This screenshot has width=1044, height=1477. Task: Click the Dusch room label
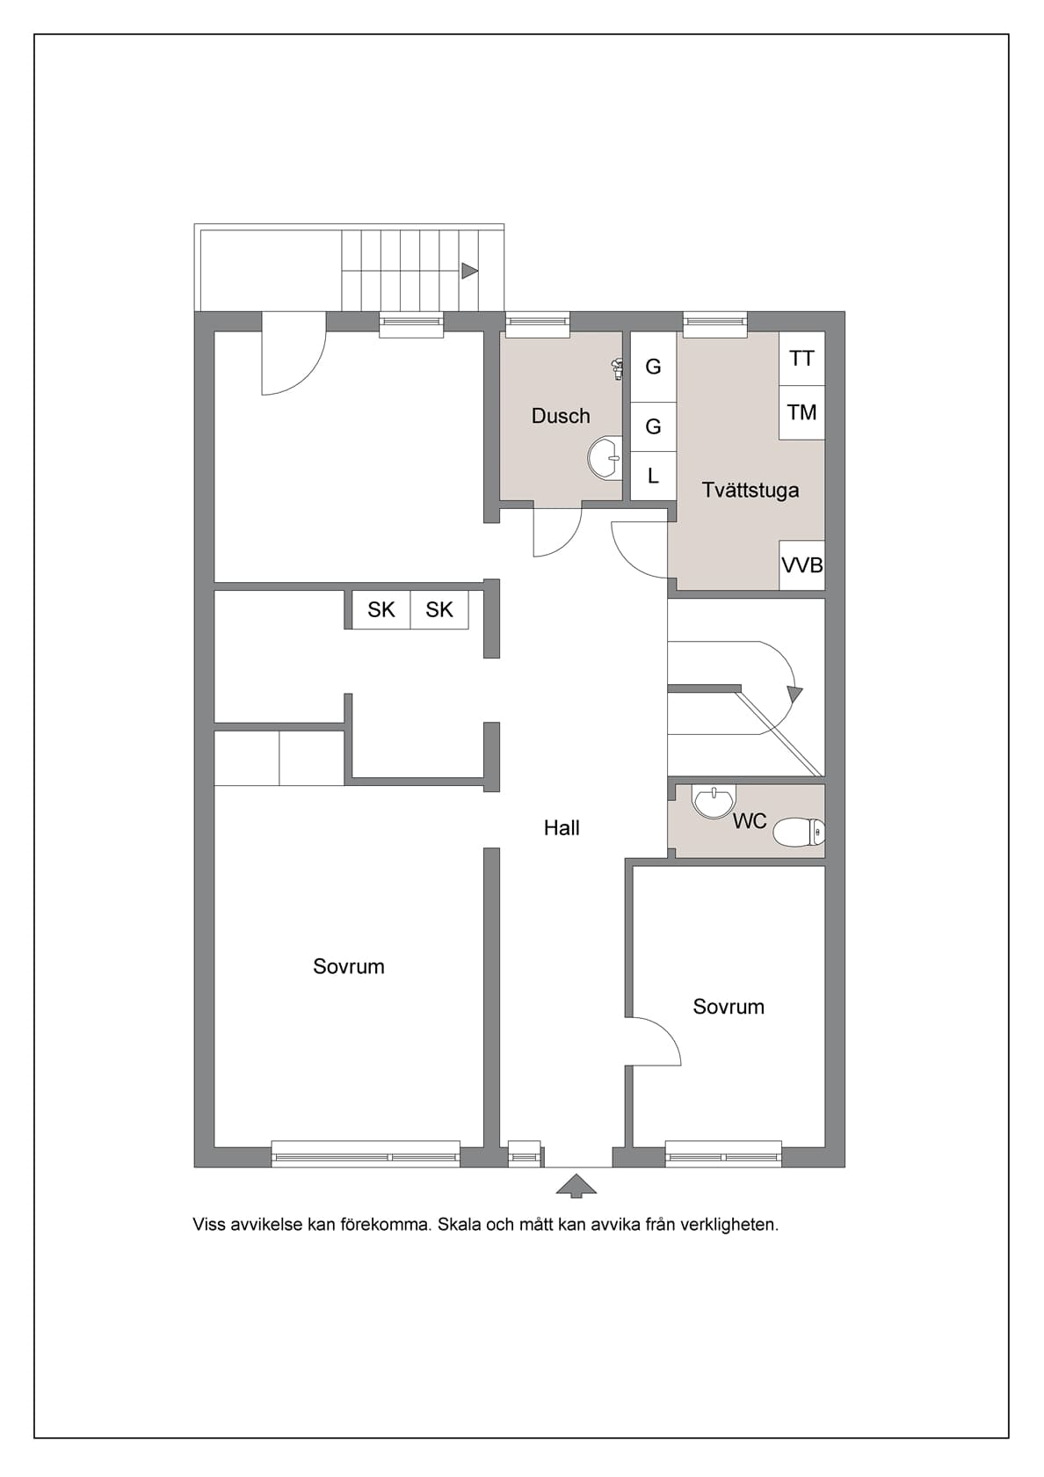point(561,416)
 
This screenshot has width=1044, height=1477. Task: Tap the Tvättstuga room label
point(750,490)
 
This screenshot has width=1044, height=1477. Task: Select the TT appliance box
point(801,359)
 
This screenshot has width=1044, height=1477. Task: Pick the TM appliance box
point(801,412)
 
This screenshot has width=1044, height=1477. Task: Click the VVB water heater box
point(802,565)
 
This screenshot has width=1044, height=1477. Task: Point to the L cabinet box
point(653,477)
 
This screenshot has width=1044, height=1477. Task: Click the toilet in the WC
point(799,832)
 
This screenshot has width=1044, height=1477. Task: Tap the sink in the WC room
point(714,801)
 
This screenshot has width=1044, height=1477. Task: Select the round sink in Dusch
point(605,458)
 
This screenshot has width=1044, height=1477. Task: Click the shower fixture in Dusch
point(617,369)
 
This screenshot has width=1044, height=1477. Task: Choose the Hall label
point(562,827)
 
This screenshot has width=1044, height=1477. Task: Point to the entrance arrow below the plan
point(576,1185)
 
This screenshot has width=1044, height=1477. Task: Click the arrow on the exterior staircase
point(469,271)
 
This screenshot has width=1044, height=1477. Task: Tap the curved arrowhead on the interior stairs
point(794,694)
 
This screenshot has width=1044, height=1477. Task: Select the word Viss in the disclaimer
point(209,1225)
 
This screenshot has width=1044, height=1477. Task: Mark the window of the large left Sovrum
point(366,1154)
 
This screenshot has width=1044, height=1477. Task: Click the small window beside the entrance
point(525,1154)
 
